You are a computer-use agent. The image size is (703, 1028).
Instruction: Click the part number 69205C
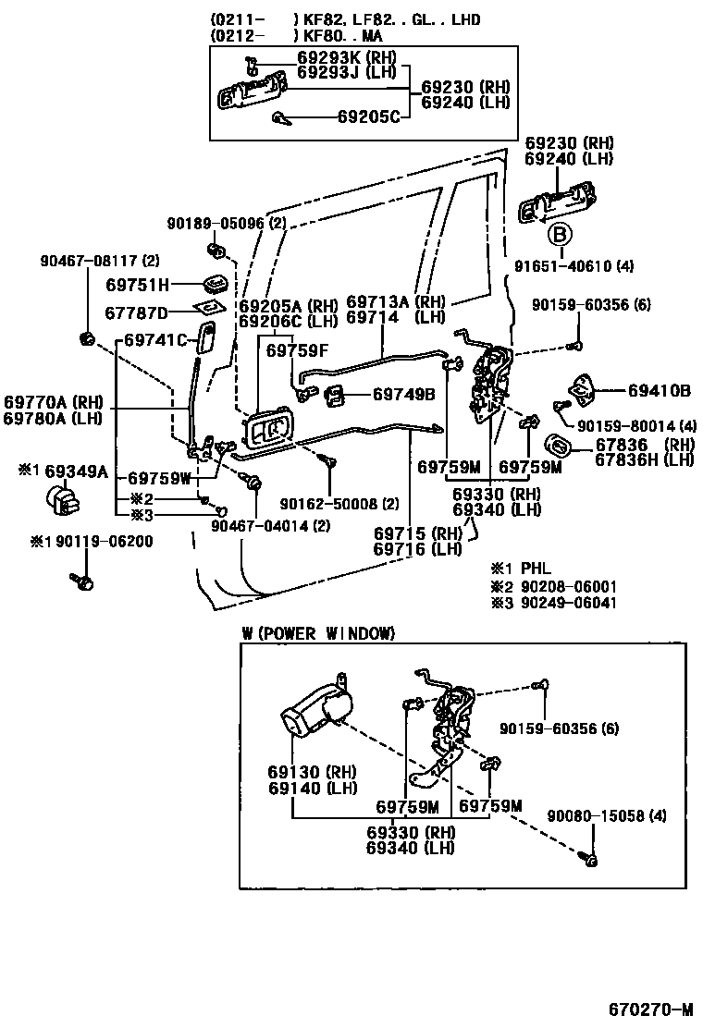(x=368, y=116)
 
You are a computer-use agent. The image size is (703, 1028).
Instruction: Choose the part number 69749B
(x=403, y=395)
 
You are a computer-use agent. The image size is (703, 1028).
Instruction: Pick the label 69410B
(x=660, y=391)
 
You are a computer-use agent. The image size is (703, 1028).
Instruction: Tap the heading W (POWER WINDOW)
(x=318, y=633)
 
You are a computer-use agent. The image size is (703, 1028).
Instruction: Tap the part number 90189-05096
(x=216, y=224)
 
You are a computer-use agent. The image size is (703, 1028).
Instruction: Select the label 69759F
(x=297, y=350)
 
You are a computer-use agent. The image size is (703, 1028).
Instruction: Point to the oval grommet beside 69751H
(x=216, y=284)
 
